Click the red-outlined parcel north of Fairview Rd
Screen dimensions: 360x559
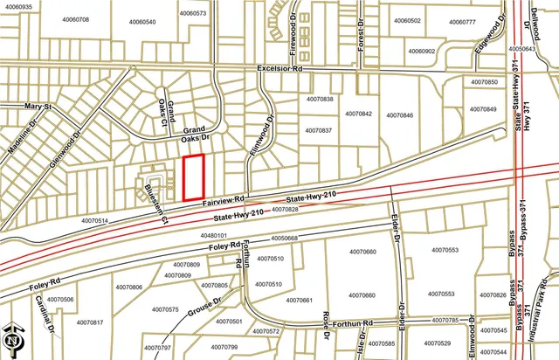click(193, 177)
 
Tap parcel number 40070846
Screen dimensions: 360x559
click(398, 115)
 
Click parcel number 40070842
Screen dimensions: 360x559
click(358, 114)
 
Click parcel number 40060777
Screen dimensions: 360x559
click(459, 22)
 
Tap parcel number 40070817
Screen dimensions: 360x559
click(89, 323)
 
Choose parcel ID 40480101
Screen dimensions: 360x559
click(213, 236)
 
